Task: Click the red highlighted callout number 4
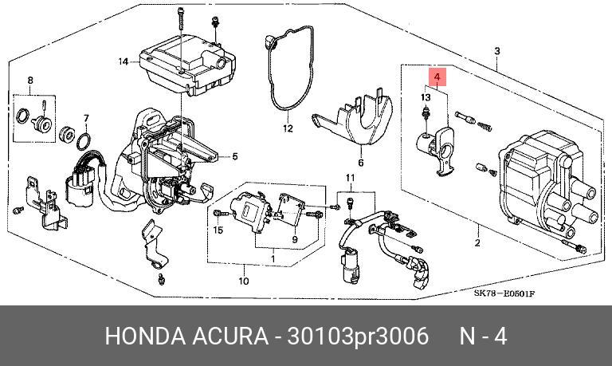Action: click(x=437, y=77)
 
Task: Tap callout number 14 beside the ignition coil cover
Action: click(x=123, y=61)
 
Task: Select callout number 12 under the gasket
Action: click(x=287, y=128)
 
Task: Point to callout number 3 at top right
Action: click(x=496, y=52)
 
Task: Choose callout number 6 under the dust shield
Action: click(x=359, y=163)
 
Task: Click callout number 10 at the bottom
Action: click(x=244, y=280)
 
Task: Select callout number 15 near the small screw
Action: click(x=217, y=230)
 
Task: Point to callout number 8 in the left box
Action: click(x=30, y=80)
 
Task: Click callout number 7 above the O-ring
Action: click(x=86, y=118)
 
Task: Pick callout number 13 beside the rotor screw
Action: click(x=426, y=97)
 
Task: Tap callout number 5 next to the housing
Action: click(x=234, y=156)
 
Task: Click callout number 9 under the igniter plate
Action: click(x=293, y=239)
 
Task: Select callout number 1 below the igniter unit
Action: click(x=273, y=258)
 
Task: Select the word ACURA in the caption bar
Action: click(x=232, y=336)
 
